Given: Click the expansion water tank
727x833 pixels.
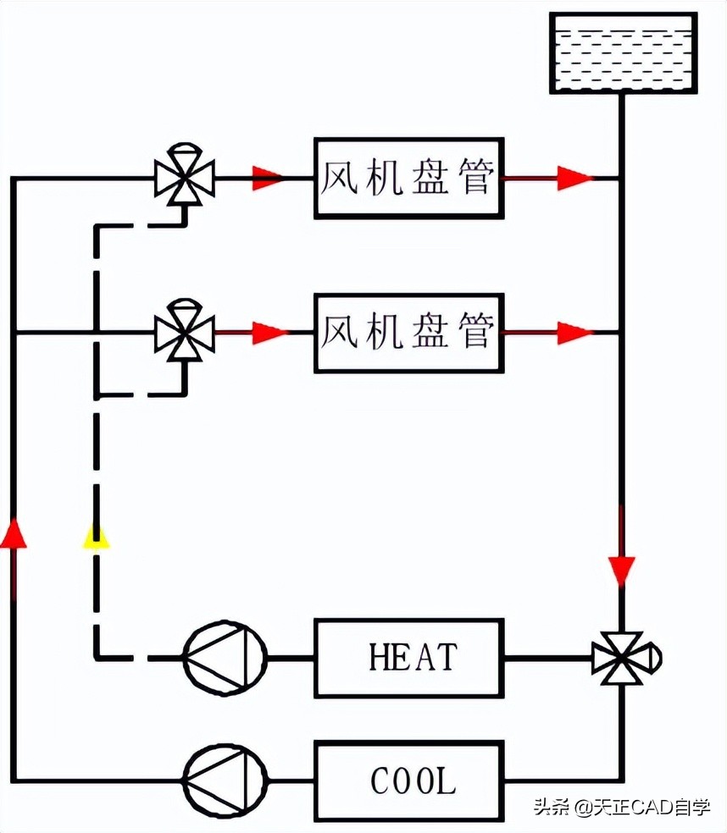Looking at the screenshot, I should click(623, 52).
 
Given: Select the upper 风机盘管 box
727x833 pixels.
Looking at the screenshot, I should click(408, 178).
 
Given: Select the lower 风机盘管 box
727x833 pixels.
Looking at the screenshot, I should click(408, 333).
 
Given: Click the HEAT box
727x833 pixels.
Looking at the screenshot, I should click(408, 658).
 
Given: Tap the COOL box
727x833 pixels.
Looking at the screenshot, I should click(408, 781).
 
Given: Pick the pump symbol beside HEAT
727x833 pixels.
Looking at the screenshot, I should click(225, 658).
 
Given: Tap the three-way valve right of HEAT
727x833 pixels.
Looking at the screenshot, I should click(623, 658).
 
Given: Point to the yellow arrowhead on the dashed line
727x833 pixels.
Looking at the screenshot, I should click(96, 536).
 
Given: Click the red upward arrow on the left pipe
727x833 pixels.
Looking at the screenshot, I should click(13, 533).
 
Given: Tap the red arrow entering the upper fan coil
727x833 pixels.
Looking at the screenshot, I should click(267, 178).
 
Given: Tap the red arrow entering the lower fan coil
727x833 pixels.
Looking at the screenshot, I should click(267, 333).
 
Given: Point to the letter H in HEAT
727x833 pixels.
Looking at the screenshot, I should click(380, 657).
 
